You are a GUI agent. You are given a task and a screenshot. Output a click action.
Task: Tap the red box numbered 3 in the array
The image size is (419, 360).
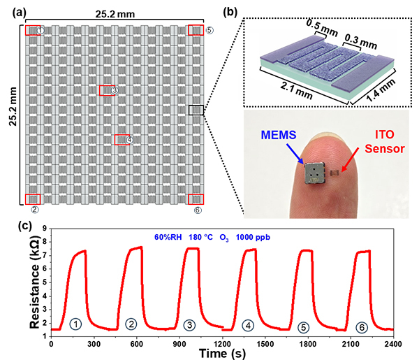click(107, 90)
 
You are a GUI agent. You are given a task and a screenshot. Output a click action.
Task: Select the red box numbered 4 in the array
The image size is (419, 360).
click(122, 139)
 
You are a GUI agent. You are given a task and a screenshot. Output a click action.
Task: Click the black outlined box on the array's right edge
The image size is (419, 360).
click(197, 110)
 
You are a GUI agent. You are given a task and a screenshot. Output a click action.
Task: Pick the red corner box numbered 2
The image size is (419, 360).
click(33, 199)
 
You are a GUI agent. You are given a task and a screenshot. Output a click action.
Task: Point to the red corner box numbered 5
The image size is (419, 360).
click(196, 30)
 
